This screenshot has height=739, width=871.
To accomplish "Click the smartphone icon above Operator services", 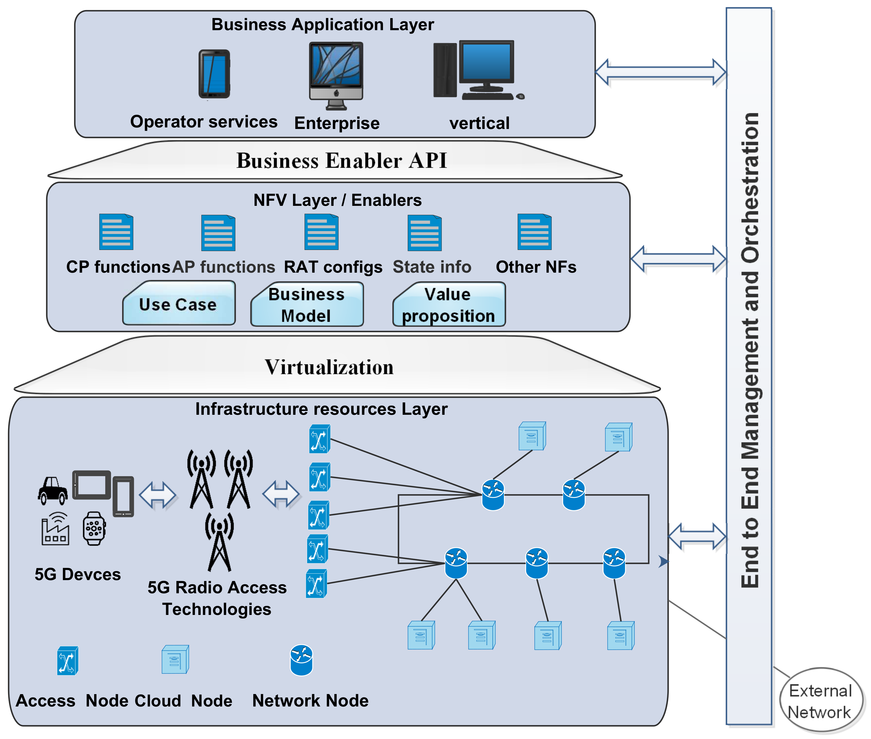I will [x=214, y=74].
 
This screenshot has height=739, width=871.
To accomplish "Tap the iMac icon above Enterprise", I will [x=336, y=75].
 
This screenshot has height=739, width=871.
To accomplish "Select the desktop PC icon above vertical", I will [x=478, y=70].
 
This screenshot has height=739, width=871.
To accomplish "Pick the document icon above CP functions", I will [x=116, y=232].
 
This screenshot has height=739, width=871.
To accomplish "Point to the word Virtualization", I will [x=329, y=367].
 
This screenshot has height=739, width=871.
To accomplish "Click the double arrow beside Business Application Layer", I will [x=661, y=72].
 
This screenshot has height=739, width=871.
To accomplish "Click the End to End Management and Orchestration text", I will [x=750, y=350].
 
